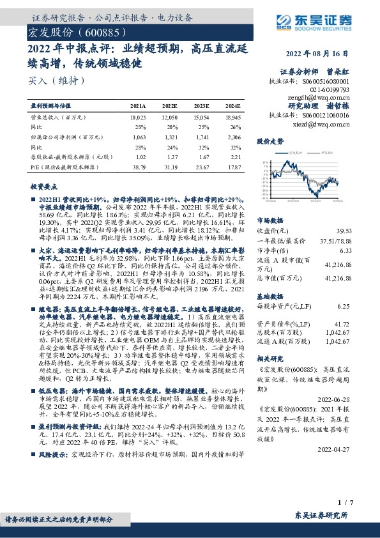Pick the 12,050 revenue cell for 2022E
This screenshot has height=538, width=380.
169,118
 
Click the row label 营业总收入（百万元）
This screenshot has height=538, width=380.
59,118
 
